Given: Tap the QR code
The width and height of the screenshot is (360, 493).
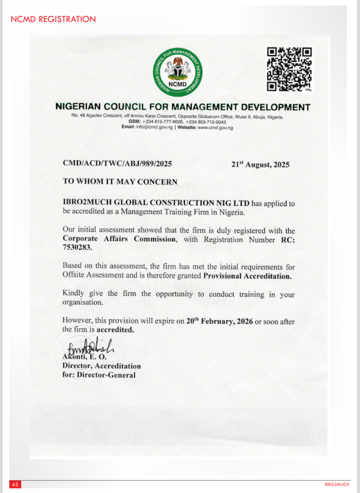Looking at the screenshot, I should coord(289,69).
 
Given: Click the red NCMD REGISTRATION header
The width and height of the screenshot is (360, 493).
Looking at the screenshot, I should coord(53,19).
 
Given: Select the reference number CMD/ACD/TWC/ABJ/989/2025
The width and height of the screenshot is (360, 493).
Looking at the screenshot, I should coord(118,164).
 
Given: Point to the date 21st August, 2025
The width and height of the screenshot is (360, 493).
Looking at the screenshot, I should coord(260,164).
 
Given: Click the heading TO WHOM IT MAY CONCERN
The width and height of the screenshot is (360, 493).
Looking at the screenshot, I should coord(120,182).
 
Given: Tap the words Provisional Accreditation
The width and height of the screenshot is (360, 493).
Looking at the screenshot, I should coord(247,276).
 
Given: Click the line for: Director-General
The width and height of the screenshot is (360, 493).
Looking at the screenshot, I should coord(99,375).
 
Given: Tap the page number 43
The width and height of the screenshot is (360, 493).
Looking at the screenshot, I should coord(14,484).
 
